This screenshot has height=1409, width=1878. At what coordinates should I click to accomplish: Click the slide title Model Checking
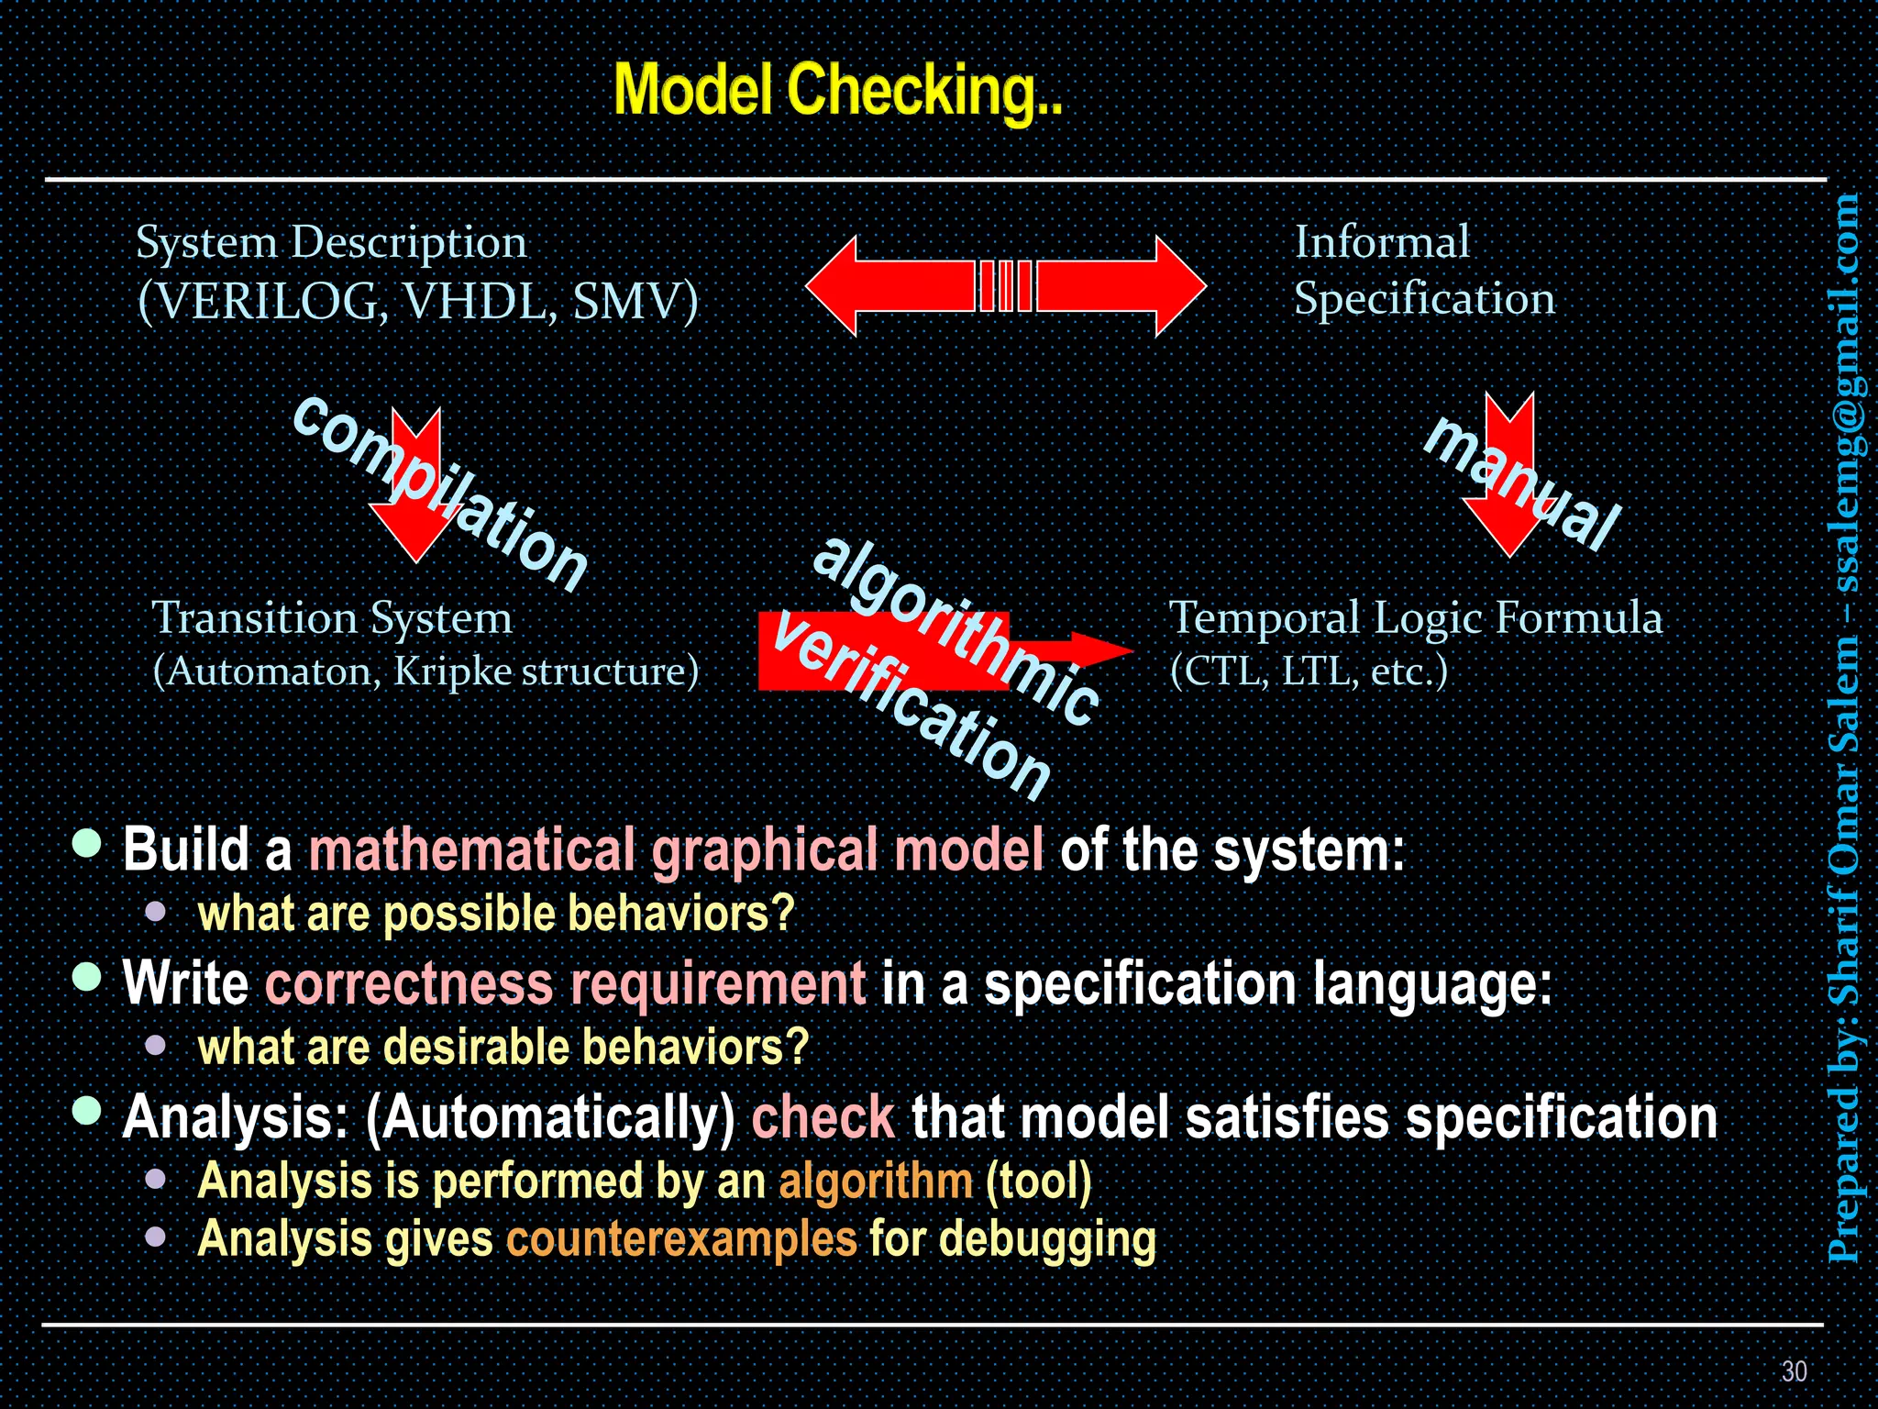pos(836,92)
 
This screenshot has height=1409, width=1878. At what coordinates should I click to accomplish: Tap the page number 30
pos(1794,1370)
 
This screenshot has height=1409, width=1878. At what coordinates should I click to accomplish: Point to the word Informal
pos(1381,242)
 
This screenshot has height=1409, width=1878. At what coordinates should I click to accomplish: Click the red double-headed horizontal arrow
pos(1005,286)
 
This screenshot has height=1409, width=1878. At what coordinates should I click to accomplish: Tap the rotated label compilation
pos(440,494)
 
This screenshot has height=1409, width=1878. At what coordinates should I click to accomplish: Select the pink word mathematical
pos(471,849)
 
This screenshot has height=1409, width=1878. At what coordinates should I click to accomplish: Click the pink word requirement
pos(717,983)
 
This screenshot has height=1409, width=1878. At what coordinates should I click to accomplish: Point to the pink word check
pos(823,1117)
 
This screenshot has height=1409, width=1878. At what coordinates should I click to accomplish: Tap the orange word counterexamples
pos(681,1238)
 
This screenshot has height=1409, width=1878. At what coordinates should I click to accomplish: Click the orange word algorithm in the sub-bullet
pos(875,1181)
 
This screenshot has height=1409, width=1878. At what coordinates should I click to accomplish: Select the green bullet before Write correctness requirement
pos(87,976)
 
